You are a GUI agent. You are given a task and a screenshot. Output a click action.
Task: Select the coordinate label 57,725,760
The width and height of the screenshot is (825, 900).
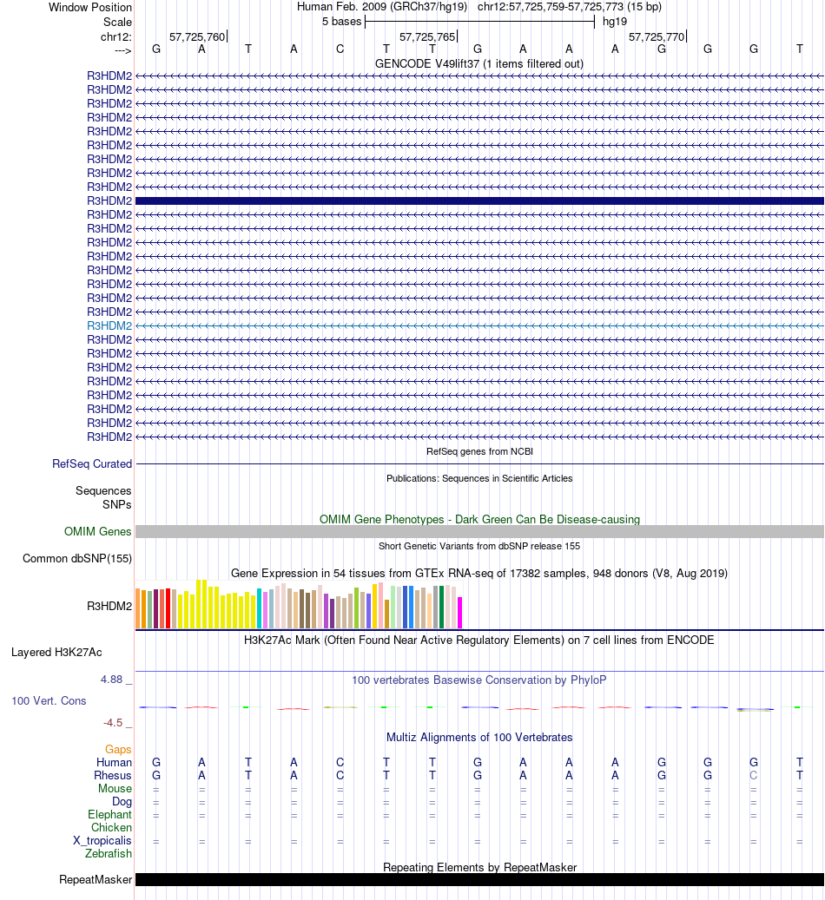point(197,37)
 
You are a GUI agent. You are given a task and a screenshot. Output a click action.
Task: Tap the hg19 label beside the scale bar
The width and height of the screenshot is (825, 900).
point(615,21)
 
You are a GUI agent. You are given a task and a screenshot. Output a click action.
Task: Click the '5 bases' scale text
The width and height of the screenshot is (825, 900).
point(341,21)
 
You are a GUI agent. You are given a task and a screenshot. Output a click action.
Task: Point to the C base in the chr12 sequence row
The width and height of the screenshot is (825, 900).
point(340,49)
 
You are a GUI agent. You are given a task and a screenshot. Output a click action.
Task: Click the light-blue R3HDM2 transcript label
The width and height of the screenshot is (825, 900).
point(109,325)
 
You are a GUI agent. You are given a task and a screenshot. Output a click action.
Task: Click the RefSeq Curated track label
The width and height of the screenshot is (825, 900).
point(92,464)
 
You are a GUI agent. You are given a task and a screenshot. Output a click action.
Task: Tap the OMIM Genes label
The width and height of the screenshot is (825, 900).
point(98,532)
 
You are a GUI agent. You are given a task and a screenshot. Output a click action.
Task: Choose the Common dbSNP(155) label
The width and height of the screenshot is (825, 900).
point(77,559)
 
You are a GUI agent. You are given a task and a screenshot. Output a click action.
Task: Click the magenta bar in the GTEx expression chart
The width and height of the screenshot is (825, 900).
point(460,612)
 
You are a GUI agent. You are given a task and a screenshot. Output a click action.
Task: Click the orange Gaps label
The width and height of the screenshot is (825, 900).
point(118,749)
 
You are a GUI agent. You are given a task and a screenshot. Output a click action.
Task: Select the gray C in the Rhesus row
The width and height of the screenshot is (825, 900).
point(754,775)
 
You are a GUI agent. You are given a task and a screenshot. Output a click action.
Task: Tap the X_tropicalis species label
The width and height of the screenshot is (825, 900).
point(102,841)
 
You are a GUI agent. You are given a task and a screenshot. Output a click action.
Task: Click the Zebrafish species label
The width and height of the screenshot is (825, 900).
point(109,854)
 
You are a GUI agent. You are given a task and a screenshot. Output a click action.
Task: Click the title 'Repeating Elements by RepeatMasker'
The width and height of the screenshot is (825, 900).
point(479,867)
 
